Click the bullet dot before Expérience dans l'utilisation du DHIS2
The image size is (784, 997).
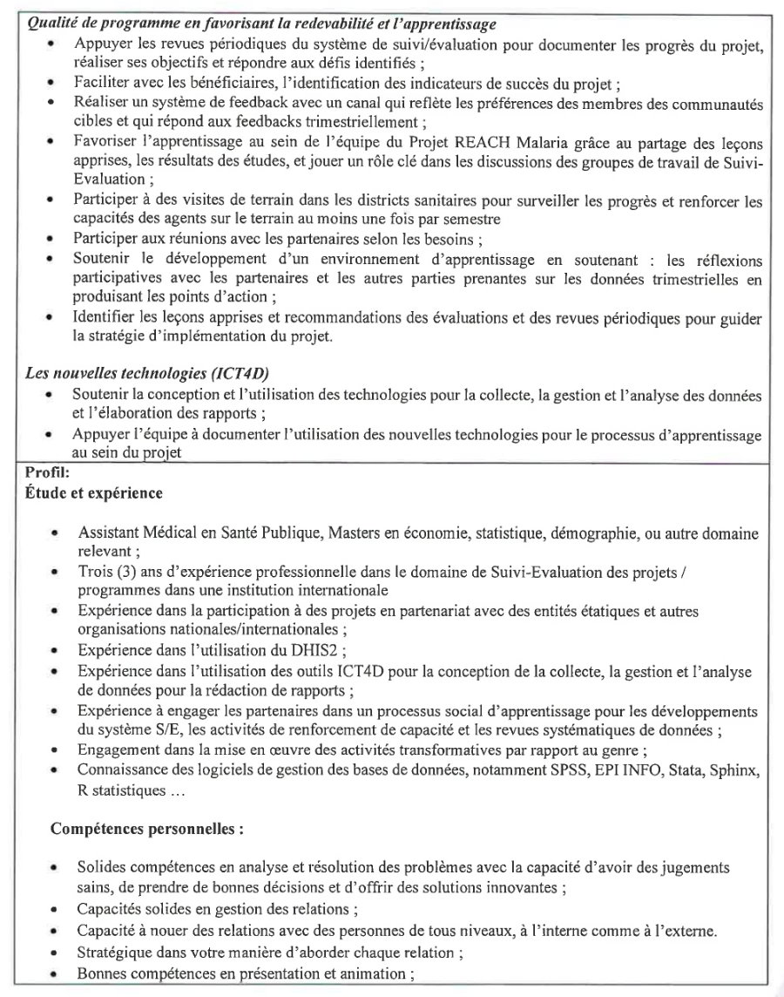(x=55, y=651)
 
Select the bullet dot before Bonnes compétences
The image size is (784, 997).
(x=55, y=973)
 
